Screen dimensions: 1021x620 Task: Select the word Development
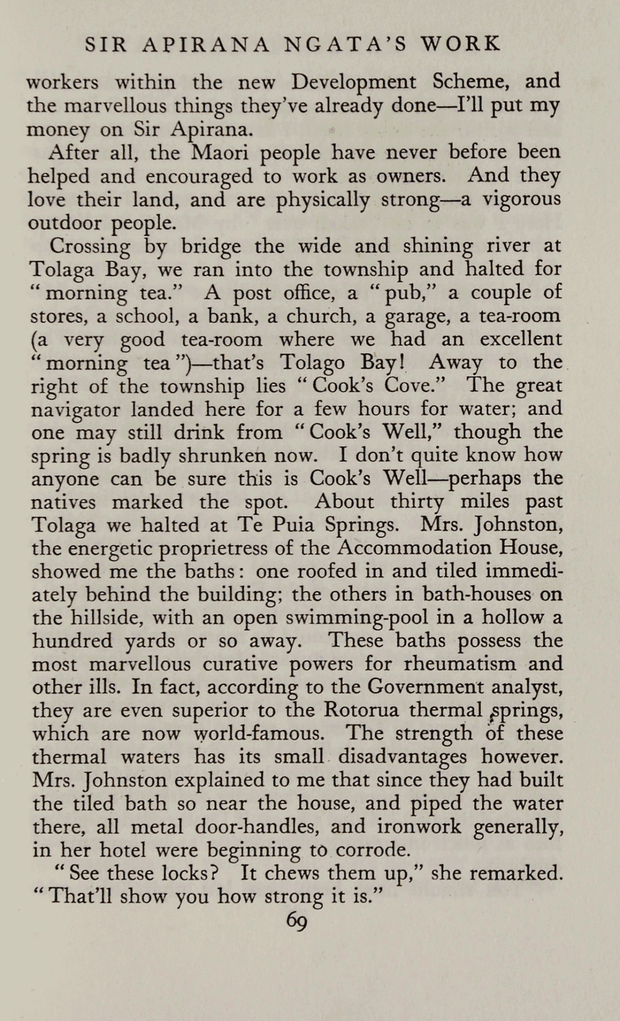tap(354, 82)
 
